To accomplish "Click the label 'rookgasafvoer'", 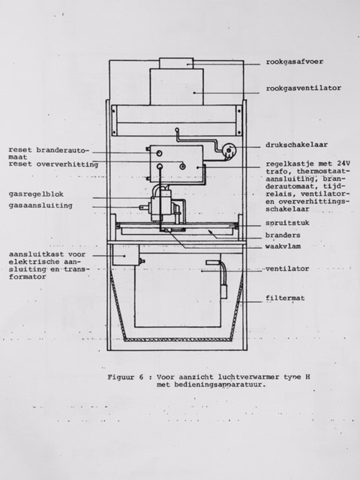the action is coord(294,61).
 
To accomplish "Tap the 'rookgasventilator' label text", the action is coord(303,88).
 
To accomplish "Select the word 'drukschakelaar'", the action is coord(296,145).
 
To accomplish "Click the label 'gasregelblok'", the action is coord(36,194).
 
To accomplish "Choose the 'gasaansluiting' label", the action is coord(40,205).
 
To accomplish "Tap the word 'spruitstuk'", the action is coord(287,223).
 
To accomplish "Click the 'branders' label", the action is coord(283,235).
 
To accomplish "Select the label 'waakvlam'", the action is coord(283,247).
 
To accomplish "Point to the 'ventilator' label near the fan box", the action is coord(287,268).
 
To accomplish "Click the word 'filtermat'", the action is coord(285,298).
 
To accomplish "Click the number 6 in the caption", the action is coord(141,377).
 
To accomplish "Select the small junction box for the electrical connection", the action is coord(126,255).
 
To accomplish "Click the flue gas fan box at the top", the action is coord(176,87).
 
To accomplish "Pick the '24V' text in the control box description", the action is coord(344,163).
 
